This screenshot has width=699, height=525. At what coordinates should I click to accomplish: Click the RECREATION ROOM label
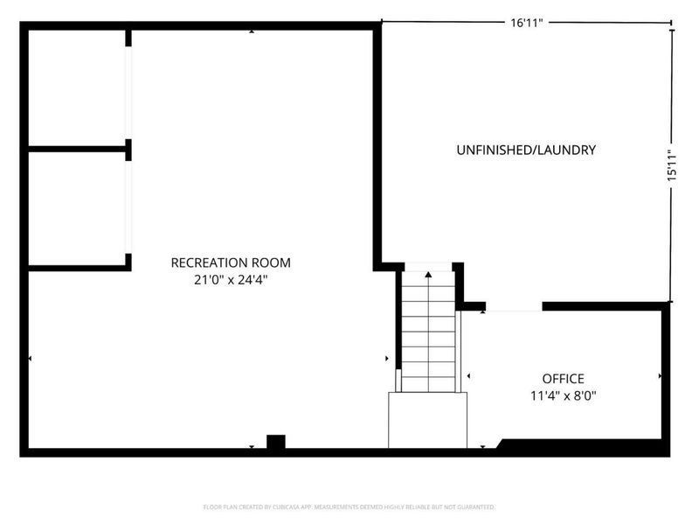coord(230,262)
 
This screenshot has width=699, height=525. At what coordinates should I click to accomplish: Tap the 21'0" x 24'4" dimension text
coord(230,280)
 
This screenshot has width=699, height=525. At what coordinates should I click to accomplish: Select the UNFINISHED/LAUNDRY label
coord(526,150)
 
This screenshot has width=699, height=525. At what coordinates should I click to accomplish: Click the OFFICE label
coord(563,379)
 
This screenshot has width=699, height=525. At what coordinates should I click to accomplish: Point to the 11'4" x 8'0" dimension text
coord(563,395)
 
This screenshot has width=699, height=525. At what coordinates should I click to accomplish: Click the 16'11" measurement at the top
coord(527,23)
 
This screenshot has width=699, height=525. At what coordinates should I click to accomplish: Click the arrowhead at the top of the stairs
coord(428,275)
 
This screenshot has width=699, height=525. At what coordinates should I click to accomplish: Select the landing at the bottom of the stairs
coord(428,420)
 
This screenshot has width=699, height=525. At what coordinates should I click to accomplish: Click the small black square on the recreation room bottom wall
coord(275,442)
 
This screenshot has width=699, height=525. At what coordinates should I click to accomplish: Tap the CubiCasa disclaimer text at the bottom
coord(349,507)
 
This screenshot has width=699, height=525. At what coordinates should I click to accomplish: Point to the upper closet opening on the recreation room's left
coord(128,92)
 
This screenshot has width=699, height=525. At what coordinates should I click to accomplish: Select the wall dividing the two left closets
coord(79,150)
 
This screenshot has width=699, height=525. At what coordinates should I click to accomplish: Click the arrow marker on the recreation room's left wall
coord(31,358)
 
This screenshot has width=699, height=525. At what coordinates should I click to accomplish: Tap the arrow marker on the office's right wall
coord(660,375)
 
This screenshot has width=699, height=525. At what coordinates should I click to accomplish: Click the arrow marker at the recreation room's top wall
coord(252,31)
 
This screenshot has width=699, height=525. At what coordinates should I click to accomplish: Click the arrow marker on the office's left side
coord(468,375)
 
